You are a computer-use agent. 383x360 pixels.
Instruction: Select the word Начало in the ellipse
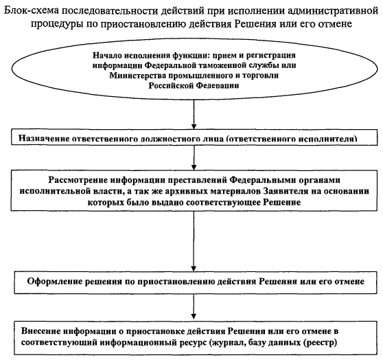(x=107, y=56)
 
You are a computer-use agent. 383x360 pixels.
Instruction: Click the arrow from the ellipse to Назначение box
(x=194, y=114)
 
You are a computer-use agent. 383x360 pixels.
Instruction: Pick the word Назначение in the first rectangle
(x=43, y=139)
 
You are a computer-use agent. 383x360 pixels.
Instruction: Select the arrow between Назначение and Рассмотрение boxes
(x=194, y=158)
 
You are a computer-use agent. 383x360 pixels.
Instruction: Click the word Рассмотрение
(x=78, y=180)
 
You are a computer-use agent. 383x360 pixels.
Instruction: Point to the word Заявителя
(x=286, y=191)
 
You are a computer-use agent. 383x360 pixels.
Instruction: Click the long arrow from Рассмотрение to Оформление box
(x=194, y=241)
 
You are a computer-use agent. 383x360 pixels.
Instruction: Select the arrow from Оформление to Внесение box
(x=194, y=306)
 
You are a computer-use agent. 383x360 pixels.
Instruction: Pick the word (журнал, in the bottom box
(x=228, y=343)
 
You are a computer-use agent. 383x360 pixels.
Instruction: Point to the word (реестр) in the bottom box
(x=320, y=343)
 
